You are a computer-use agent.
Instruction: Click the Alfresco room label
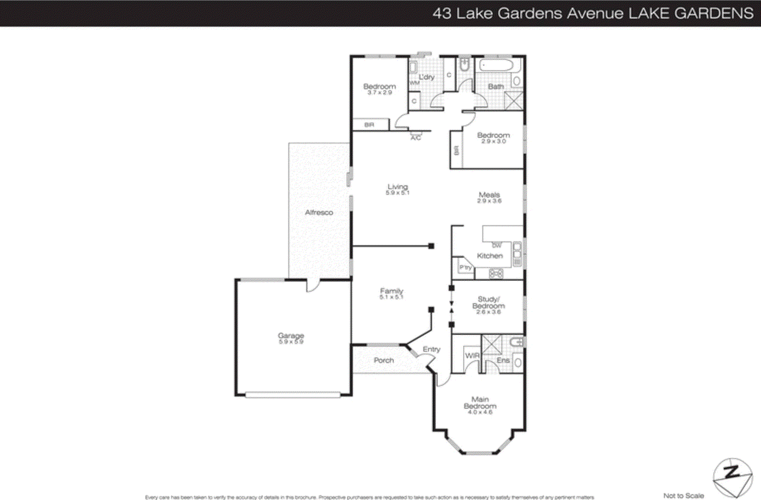coord(319,212)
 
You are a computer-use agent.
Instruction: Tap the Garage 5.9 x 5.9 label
coord(291,338)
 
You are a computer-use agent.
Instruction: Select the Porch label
coord(383,360)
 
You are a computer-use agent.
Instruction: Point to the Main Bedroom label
coord(480,405)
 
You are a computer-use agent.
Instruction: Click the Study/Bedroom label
coord(488,305)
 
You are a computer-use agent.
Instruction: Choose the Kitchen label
coord(489,256)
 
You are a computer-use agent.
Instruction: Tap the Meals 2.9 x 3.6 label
coord(489,197)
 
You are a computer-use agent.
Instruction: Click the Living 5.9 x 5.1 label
coord(397,189)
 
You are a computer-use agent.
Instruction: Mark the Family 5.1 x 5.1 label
coord(391,293)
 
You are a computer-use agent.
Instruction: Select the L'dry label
coord(426,77)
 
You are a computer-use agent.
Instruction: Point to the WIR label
coord(472,356)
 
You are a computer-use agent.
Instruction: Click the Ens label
coord(503,360)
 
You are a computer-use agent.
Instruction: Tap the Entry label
coord(431,349)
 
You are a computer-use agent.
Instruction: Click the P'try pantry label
coord(465,268)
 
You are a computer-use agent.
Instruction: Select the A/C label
coord(416,138)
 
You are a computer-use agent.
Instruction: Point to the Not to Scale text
coord(683,495)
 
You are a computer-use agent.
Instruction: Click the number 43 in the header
coord(441,13)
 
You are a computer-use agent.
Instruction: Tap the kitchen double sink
coord(517,254)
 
